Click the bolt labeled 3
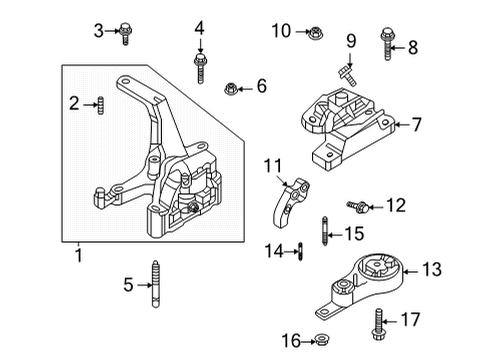pyautogui.click(x=125, y=33)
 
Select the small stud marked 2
pyautogui.click(x=101, y=105)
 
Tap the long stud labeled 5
pyautogui.click(x=155, y=284)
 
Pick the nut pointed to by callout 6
pyautogui.click(x=230, y=89)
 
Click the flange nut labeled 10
pyautogui.click(x=315, y=33)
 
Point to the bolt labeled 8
pyautogui.click(x=387, y=43)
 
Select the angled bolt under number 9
pyautogui.click(x=347, y=76)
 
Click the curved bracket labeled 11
pyautogui.click(x=289, y=202)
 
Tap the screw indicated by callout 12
pyautogui.click(x=357, y=206)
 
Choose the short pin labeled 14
pyautogui.click(x=300, y=251)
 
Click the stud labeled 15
pyautogui.click(x=325, y=231)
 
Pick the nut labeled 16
pyautogui.click(x=322, y=340)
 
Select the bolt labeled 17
pyautogui.click(x=378, y=324)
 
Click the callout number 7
pyautogui.click(x=417, y=125)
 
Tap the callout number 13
pyautogui.click(x=432, y=269)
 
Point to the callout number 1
pyautogui.click(x=79, y=255)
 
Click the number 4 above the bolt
pyautogui.click(x=199, y=28)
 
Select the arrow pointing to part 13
pyautogui.click(x=411, y=272)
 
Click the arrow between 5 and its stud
pyautogui.click(x=145, y=285)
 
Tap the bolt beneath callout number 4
pyautogui.click(x=199, y=68)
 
